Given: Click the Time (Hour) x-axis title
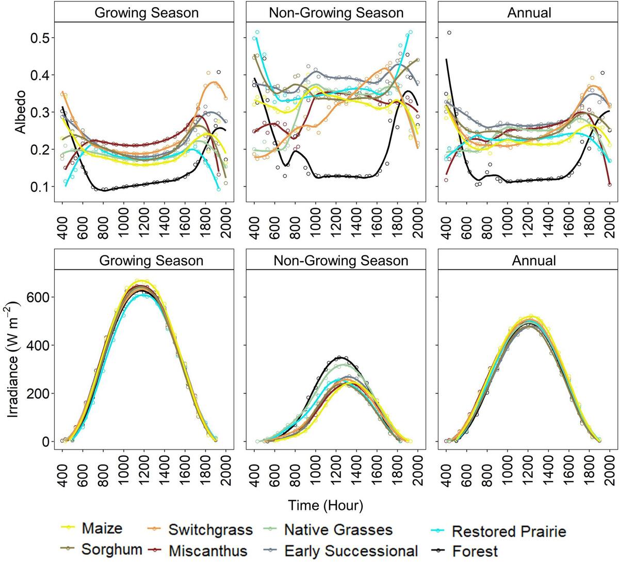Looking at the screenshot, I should tap(325, 505).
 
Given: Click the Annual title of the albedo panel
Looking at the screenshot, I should tap(529, 12).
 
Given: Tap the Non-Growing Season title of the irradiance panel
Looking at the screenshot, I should tap(340, 261).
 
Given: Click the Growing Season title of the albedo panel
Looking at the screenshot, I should tap(146, 12).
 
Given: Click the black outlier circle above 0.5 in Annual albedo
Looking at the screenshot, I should tap(449, 33).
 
